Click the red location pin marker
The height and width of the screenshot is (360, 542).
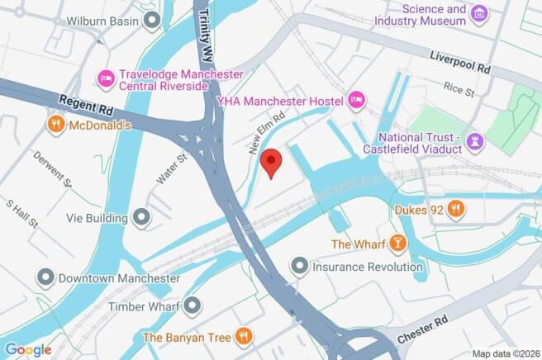pos(271,161)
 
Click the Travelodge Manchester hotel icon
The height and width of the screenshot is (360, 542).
pos(106,78)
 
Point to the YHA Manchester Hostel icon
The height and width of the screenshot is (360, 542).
pos(356,100)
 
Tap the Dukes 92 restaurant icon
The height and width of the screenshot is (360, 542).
pos(455,211)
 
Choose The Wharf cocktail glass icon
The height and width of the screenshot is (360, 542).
pos(399,244)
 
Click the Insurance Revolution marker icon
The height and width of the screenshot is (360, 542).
pos(299,266)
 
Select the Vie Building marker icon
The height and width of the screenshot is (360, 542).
pos(142,218)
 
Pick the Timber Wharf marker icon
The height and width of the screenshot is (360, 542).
pos(193,306)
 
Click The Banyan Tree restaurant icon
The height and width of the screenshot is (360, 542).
pos(242,336)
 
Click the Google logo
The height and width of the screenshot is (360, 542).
pos(28,349)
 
